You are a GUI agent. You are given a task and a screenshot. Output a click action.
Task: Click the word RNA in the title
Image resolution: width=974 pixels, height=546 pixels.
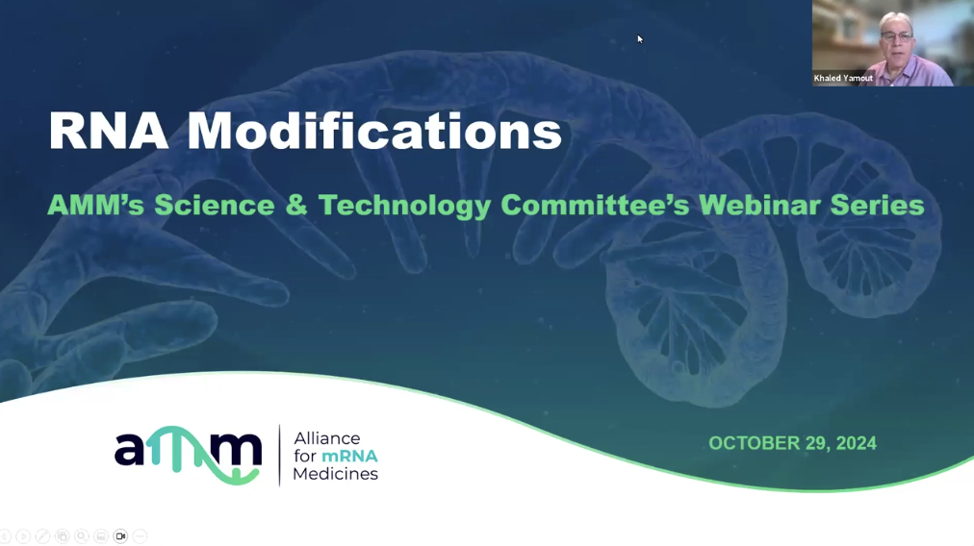point(109,131)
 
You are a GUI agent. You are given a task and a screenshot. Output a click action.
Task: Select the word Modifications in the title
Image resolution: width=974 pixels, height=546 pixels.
point(374,131)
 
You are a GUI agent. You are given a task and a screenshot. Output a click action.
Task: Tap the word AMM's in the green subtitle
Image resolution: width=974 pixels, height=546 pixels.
point(95,206)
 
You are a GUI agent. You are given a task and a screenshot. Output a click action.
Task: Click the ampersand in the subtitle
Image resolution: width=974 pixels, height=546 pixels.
point(296,206)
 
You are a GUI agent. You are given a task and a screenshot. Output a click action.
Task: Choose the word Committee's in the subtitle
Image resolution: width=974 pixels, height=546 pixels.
point(595,206)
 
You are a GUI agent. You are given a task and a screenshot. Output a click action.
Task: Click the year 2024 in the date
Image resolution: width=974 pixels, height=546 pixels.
point(856,443)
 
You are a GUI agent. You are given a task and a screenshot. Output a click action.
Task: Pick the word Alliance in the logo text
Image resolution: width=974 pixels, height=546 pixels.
point(326,438)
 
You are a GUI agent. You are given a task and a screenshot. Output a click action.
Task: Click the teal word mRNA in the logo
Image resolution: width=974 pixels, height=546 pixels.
point(349,456)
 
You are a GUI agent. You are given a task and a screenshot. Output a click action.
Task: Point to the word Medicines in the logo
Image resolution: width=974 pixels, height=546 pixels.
point(336,473)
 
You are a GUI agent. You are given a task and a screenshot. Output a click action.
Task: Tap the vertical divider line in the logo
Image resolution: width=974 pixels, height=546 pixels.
point(279,456)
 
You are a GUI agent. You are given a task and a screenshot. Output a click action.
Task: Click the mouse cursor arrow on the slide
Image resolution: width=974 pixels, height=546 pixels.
point(640,39)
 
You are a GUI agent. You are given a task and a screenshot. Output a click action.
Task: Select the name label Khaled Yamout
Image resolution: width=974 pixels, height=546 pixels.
point(843,78)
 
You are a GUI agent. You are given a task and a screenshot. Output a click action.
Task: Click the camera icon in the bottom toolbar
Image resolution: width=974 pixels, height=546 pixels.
point(120,536)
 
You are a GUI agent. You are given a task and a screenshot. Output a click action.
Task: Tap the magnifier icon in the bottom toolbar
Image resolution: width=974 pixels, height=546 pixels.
point(82,536)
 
